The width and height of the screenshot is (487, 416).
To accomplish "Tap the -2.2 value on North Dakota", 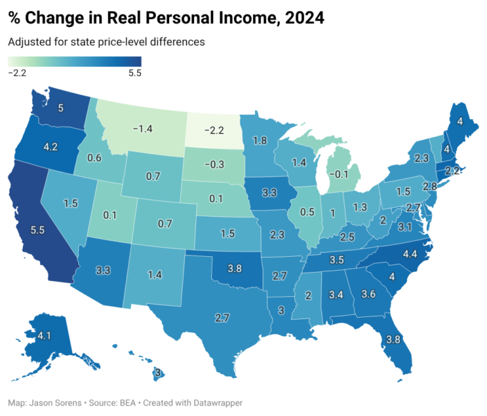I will coord(214,131).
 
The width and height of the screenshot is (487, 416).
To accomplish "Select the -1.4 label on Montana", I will coord(143,129).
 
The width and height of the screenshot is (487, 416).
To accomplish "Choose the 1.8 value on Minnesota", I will coord(259,141).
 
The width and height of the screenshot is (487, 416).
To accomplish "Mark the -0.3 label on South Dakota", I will coord(214,164).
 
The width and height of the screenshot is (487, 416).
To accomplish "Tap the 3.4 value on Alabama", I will coord(335,294).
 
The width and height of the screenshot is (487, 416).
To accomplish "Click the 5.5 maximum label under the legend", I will coord(134,73).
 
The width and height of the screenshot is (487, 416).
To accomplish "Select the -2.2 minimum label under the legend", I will coord(16,73).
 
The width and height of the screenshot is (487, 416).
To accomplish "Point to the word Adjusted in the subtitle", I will coord(28,42).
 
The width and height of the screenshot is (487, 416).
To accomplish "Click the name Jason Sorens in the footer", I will coord(55,403).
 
